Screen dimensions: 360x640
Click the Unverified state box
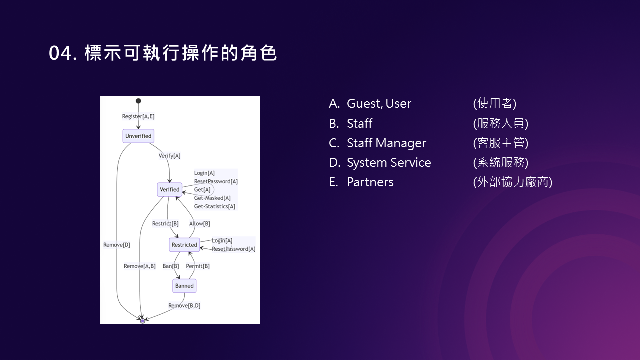pyautogui.click(x=138, y=136)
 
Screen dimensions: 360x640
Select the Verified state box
pyautogui.click(x=169, y=190)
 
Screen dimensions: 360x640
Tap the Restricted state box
pyautogui.click(x=184, y=245)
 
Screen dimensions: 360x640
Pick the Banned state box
pyautogui.click(x=184, y=286)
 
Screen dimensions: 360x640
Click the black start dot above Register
pyautogui.click(x=138, y=101)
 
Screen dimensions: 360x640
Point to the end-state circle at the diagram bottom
pyautogui.click(x=142, y=321)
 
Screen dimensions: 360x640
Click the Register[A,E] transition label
pyautogui.click(x=138, y=117)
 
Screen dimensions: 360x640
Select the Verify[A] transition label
pyautogui.click(x=169, y=156)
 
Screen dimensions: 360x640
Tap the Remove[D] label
pyautogui.click(x=117, y=245)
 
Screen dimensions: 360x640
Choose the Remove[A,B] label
pyautogui.click(x=140, y=266)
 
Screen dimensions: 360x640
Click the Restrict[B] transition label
pyautogui.click(x=165, y=224)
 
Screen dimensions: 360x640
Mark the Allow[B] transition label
pyautogui.click(x=199, y=224)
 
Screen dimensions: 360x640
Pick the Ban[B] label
pyautogui.click(x=171, y=266)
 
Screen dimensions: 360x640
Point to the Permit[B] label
pyautogui.click(x=198, y=266)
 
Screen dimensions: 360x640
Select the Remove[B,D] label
pyautogui.click(x=184, y=306)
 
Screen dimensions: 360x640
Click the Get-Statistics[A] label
pyautogui.click(x=214, y=206)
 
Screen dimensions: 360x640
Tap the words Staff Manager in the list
pyautogui.click(x=386, y=143)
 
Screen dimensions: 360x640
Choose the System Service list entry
pyautogui.click(x=389, y=163)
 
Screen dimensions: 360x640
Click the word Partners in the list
pyautogui.click(x=370, y=182)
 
